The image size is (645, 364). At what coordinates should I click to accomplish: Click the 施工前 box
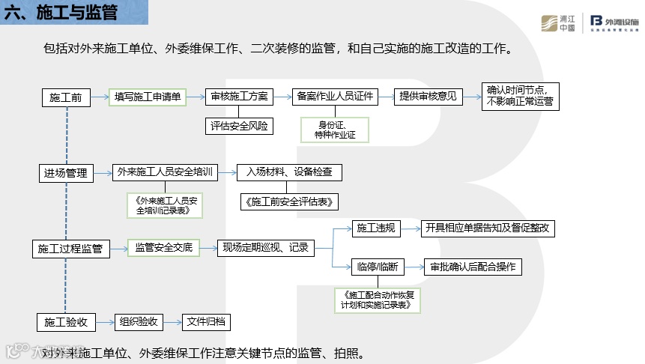(x=66, y=97)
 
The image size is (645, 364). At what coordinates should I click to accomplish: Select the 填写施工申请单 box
(x=148, y=97)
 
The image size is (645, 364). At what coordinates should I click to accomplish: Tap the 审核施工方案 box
(x=240, y=97)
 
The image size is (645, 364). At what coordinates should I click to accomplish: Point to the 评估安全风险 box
(x=240, y=125)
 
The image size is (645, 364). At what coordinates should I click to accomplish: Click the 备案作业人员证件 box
(x=335, y=97)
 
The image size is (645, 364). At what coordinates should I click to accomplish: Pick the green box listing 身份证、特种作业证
(x=335, y=130)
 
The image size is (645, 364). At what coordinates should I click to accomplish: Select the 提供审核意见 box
(x=428, y=97)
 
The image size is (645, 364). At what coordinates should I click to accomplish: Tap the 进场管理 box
(x=66, y=174)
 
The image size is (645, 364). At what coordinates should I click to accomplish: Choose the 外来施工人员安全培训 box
(x=165, y=172)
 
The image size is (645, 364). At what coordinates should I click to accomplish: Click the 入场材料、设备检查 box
(x=290, y=172)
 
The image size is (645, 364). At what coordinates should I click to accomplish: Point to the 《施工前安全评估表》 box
(x=290, y=201)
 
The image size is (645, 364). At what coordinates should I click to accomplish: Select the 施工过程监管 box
(x=70, y=249)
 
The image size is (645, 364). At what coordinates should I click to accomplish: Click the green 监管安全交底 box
(x=163, y=247)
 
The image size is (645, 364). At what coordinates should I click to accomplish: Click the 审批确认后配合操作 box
(x=473, y=267)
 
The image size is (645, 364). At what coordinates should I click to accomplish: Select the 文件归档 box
(x=207, y=322)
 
